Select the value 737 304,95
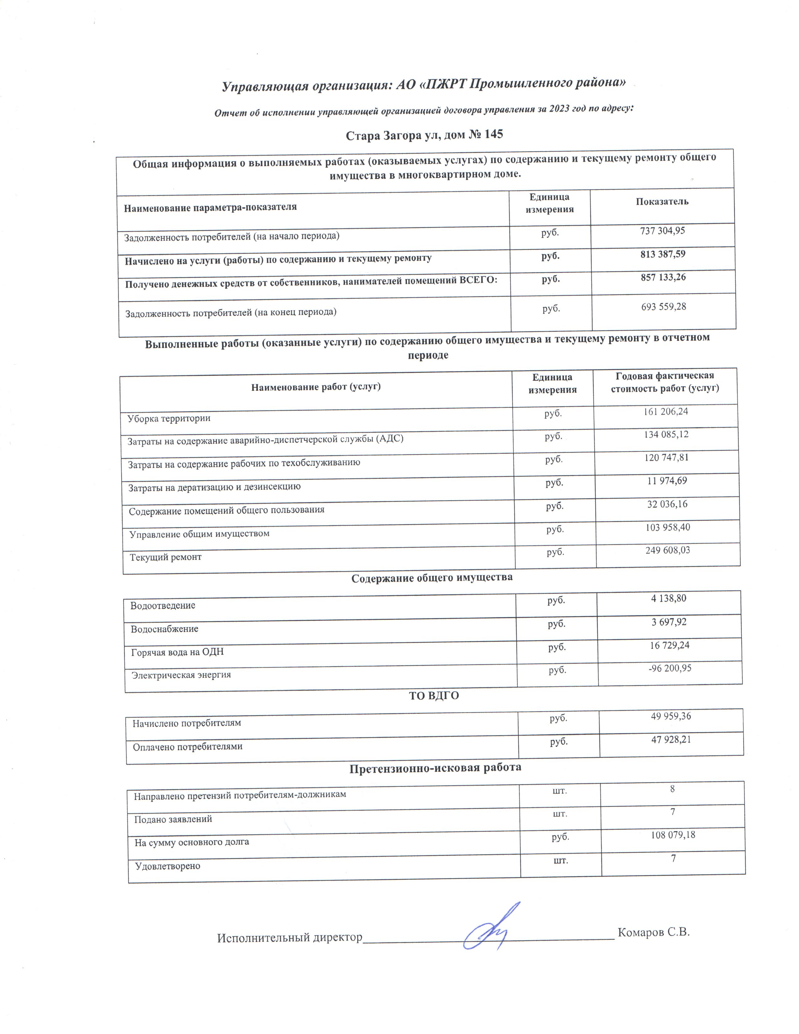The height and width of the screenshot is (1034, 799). click(x=662, y=231)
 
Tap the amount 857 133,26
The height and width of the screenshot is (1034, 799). click(x=663, y=277)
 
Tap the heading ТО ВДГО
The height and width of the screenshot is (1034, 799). click(x=434, y=696)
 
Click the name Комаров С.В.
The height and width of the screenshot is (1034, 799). click(x=654, y=932)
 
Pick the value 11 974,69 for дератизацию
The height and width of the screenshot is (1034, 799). click(x=667, y=481)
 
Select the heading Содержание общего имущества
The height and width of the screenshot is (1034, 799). click(x=432, y=577)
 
